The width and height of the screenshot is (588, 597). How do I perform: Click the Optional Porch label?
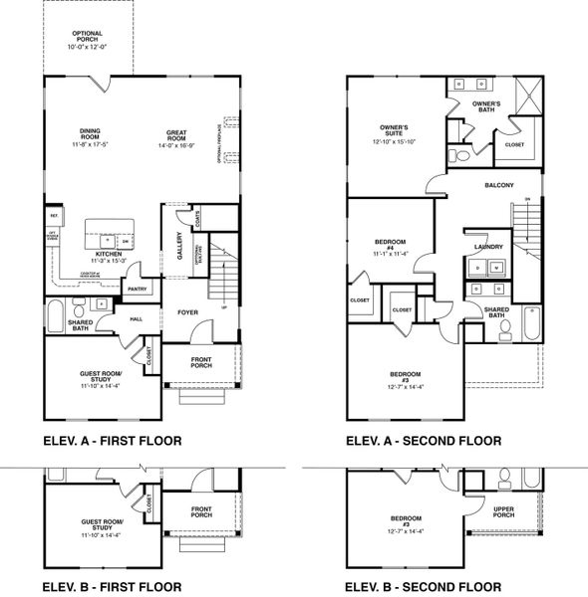[89, 36]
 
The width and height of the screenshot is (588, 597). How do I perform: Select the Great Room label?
[181, 137]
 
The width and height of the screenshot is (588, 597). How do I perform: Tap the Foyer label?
[187, 312]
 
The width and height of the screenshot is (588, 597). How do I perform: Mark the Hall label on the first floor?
[135, 318]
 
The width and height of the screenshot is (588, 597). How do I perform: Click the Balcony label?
[498, 185]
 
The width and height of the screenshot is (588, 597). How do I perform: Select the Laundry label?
[487, 247]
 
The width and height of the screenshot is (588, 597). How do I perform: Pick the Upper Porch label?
[504, 514]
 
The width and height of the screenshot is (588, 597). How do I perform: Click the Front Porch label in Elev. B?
[201, 512]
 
